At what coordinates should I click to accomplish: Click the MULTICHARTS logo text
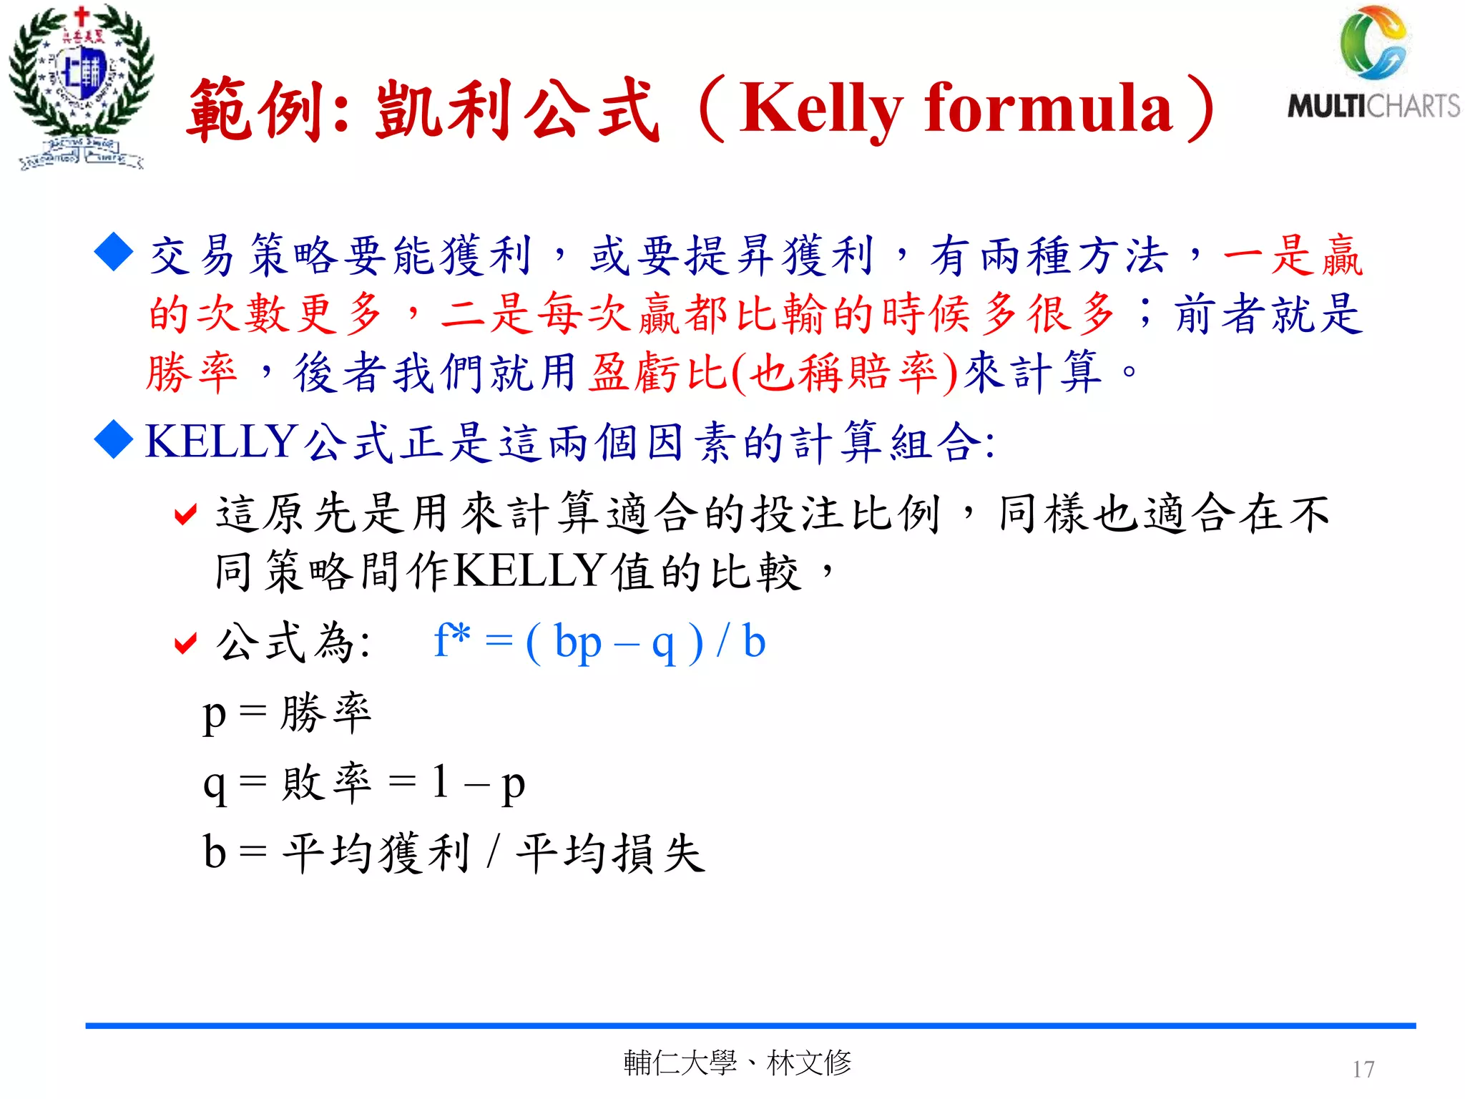tap(1373, 106)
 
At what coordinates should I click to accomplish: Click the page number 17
tap(1363, 1069)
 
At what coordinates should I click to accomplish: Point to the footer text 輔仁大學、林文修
tap(738, 1063)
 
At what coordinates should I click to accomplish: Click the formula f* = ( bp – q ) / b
tap(599, 642)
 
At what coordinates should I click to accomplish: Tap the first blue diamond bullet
tap(114, 252)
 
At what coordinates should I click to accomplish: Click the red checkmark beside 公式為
tap(185, 643)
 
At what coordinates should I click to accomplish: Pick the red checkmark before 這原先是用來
tap(185, 514)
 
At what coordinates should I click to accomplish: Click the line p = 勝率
tap(287, 713)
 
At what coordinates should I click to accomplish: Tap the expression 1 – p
tap(479, 783)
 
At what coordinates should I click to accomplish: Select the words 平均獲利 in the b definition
tap(376, 853)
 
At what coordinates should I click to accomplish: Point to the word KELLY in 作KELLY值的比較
tap(530, 572)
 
